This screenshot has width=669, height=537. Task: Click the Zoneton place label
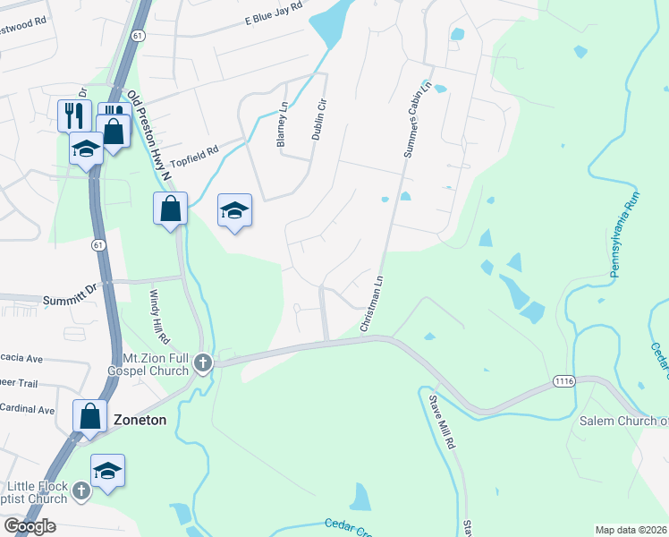[x=140, y=419]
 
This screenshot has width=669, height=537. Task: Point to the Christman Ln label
[x=371, y=304]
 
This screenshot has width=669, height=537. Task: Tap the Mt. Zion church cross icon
[x=203, y=362]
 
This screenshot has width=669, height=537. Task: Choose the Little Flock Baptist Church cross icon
[x=80, y=490]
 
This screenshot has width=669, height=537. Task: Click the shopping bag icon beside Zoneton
[x=89, y=415]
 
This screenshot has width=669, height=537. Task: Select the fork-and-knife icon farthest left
[x=74, y=115]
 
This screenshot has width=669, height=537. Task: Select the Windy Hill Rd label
[x=159, y=316]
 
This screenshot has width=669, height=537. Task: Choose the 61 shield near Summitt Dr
[x=97, y=243]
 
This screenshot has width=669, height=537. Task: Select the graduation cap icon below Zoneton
[x=107, y=471]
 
